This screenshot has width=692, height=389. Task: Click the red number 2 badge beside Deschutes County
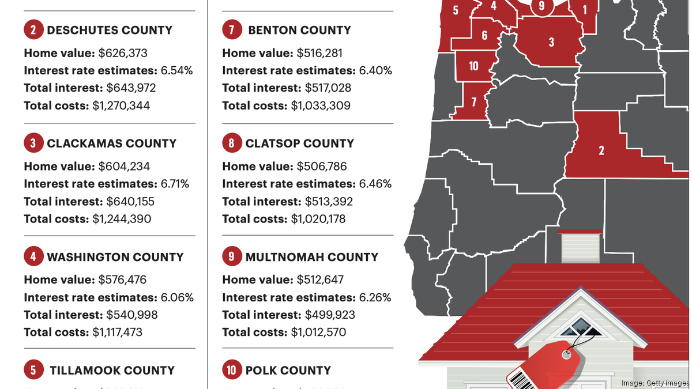[x=33, y=30]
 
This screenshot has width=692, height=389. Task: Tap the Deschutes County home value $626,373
[x=123, y=53]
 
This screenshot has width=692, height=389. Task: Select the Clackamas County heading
[x=111, y=143]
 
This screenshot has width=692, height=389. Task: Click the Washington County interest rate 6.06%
[x=176, y=297]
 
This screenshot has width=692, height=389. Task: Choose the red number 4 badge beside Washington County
[x=33, y=257]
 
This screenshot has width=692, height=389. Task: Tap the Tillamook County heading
[x=112, y=371]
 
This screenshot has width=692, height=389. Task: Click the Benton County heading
[x=299, y=30]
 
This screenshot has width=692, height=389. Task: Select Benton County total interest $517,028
[x=324, y=88]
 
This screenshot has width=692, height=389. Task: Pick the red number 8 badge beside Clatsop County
[x=231, y=143]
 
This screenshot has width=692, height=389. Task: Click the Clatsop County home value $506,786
[x=322, y=167]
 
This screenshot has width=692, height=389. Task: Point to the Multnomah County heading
[x=311, y=257]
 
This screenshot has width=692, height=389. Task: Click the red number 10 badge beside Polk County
[x=231, y=371]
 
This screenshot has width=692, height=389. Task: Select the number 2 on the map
[x=601, y=150]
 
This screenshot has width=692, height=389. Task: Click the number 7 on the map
[x=473, y=102]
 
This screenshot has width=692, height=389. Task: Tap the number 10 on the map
[x=473, y=66]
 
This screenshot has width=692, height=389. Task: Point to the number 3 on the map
[x=551, y=42]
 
